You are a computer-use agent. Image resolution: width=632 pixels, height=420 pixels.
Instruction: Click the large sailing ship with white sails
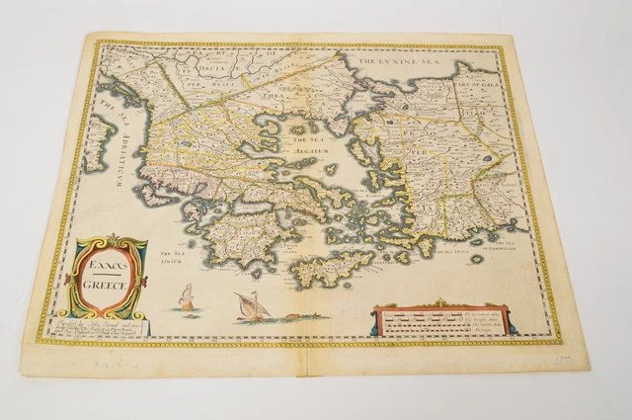click(252, 307)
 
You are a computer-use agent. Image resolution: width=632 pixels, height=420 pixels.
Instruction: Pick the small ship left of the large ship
click(186, 297)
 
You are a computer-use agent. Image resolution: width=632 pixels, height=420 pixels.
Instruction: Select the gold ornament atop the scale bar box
click(438, 305)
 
